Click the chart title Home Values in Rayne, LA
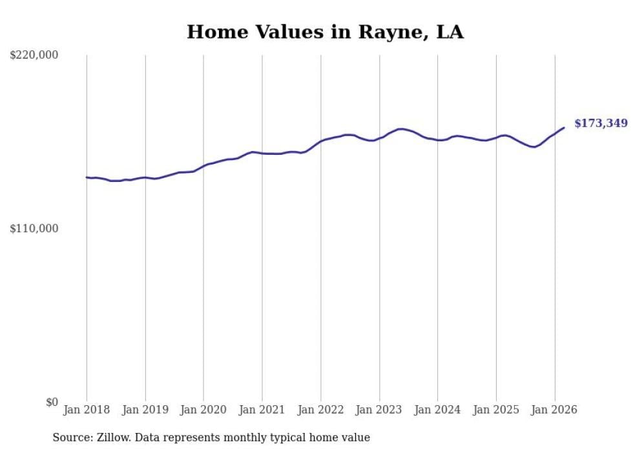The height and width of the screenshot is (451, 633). pyautogui.click(x=325, y=32)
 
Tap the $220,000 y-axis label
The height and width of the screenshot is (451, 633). pyautogui.click(x=34, y=55)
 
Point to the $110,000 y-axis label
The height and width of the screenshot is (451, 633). pyautogui.click(x=34, y=228)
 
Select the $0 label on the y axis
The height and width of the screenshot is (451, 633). pyautogui.click(x=52, y=402)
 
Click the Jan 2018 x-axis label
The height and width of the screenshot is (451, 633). pyautogui.click(x=87, y=410)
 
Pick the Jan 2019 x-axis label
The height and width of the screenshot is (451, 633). pyautogui.click(x=145, y=410)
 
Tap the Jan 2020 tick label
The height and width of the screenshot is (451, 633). pyautogui.click(x=203, y=410)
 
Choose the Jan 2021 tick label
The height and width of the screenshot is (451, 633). pyautogui.click(x=262, y=410)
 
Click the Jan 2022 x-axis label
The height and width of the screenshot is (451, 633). pyautogui.click(x=320, y=410)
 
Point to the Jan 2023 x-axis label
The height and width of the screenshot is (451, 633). pyautogui.click(x=379, y=410)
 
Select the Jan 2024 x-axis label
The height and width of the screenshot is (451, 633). pyautogui.click(x=437, y=410)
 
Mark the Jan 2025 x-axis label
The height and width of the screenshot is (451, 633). pyautogui.click(x=496, y=410)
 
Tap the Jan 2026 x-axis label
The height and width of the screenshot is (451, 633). pyautogui.click(x=554, y=410)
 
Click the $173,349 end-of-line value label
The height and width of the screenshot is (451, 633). pyautogui.click(x=601, y=123)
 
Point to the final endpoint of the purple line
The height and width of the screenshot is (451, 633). pyautogui.click(x=564, y=128)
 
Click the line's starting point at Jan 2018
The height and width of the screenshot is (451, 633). pyautogui.click(x=87, y=177)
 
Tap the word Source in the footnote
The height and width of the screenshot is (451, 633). pyautogui.click(x=72, y=437)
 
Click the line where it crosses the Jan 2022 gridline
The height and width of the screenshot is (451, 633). pyautogui.click(x=320, y=141)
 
